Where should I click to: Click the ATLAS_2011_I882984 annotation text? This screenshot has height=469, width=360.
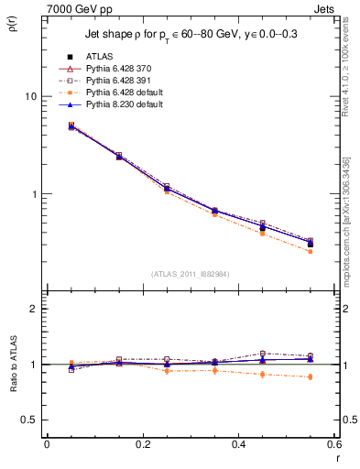(191, 274)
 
